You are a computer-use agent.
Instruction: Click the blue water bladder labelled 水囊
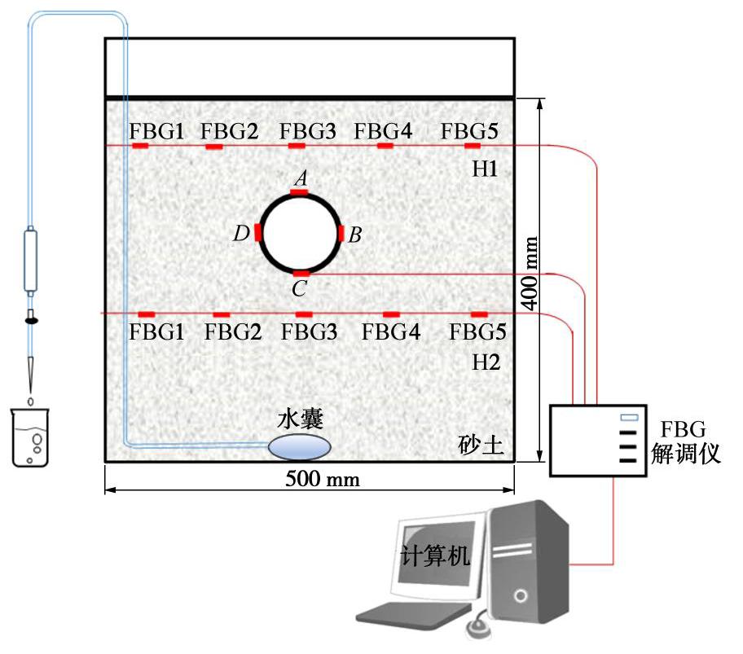click(301, 446)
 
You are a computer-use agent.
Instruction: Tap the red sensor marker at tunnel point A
click(300, 193)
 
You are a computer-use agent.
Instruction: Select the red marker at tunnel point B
click(341, 234)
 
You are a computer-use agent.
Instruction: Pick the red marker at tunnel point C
click(301, 274)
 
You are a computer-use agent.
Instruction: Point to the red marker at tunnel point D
click(259, 233)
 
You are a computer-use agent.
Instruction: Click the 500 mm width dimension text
click(323, 479)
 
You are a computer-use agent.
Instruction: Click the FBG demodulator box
click(598, 440)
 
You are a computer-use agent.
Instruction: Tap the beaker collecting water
click(31, 437)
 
